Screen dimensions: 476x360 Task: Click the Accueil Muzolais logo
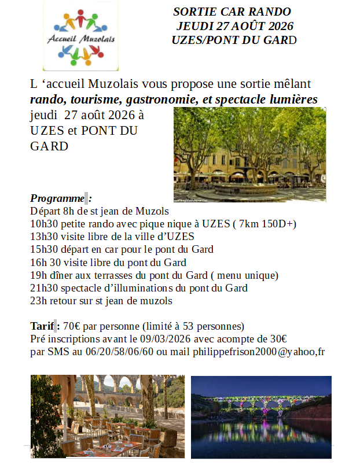80,35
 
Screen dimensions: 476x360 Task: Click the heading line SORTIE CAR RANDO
232,12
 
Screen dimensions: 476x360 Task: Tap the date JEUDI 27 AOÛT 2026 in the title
235,26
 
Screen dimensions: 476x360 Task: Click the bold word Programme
57,198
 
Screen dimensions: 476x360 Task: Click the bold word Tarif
42,326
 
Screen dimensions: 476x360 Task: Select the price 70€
72,326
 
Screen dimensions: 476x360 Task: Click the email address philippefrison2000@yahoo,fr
258,352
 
